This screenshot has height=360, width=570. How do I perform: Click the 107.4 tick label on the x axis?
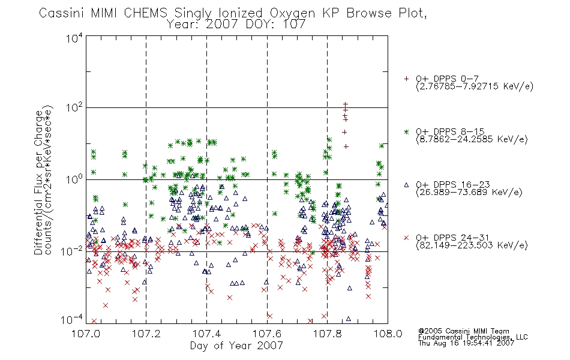tap(206, 334)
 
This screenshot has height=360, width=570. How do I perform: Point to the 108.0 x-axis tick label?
tap(388, 334)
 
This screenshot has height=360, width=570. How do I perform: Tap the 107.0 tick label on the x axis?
tap(86, 334)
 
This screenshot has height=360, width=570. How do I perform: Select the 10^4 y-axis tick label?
tap(74, 38)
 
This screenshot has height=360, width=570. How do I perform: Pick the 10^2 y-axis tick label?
tap(74, 107)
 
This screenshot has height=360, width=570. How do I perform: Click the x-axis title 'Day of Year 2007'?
tap(236, 346)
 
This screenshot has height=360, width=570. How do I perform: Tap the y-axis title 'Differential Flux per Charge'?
tap(38, 182)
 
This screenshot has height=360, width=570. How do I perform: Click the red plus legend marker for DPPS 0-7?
tap(406, 78)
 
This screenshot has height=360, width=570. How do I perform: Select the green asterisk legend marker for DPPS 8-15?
tap(406, 131)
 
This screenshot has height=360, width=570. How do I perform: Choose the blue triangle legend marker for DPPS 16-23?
tap(406, 185)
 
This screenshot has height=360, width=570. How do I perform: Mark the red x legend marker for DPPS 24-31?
tap(406, 238)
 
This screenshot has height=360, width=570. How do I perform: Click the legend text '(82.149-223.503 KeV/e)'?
tap(472, 245)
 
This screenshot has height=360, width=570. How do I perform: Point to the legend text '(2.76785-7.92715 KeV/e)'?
tap(475, 86)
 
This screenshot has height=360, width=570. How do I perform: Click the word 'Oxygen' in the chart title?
tap(292, 13)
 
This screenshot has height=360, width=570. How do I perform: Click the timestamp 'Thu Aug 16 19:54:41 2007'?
tap(466, 343)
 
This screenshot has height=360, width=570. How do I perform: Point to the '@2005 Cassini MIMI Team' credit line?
tap(463, 331)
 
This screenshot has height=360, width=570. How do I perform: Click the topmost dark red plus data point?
tap(346, 104)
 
